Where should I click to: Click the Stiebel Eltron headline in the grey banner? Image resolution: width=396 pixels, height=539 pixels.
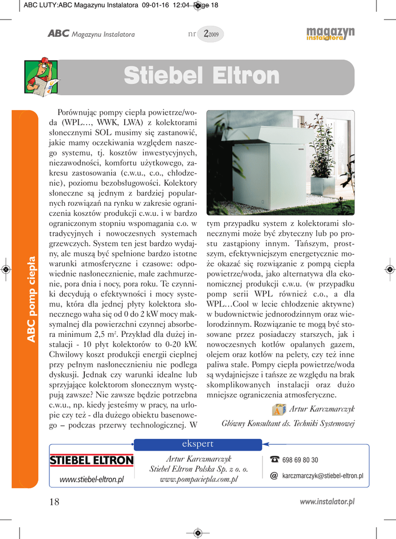(201, 76)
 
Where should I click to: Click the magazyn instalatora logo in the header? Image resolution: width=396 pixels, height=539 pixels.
(330, 34)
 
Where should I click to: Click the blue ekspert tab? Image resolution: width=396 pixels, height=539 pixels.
(198, 444)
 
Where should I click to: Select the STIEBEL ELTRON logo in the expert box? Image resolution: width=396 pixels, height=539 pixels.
(92, 461)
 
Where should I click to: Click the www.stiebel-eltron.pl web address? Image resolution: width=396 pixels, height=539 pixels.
(92, 479)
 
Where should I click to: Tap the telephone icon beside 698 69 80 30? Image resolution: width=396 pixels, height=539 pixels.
(274, 460)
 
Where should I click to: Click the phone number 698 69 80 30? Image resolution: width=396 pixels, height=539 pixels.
(300, 460)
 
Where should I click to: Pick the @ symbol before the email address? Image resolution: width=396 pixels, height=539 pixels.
(274, 476)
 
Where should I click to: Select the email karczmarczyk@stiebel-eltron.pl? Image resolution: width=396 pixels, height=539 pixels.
(322, 476)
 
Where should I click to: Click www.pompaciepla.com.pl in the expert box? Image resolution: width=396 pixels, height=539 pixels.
(198, 479)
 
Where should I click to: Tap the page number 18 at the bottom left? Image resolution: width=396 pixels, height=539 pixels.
(54, 502)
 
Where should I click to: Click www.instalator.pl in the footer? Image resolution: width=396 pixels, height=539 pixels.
(327, 502)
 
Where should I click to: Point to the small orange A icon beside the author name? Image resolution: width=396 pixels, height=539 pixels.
(279, 409)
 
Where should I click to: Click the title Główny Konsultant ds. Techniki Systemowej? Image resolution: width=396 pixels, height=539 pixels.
(288, 423)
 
